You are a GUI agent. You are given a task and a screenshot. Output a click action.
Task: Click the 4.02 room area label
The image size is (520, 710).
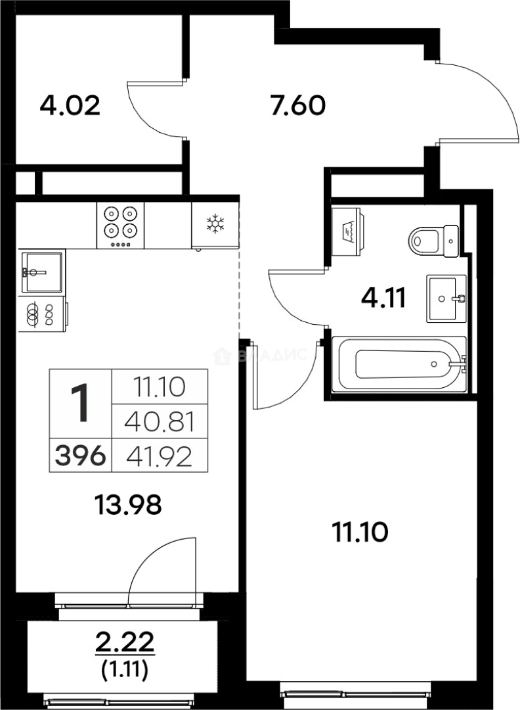tap(70, 105)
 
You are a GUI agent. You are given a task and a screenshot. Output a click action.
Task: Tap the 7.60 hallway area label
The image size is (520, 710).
tap(297, 105)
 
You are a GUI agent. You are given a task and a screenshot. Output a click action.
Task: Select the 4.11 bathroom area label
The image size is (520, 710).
tap(383, 300)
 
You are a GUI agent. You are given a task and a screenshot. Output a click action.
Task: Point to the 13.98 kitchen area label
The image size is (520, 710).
tap(129, 506)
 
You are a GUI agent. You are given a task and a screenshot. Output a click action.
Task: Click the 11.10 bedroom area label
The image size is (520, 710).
tap(358, 531)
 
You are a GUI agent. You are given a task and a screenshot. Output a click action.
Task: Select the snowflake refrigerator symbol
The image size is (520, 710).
tap(215, 224)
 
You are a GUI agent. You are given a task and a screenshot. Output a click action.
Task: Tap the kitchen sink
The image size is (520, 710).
tap(42, 272)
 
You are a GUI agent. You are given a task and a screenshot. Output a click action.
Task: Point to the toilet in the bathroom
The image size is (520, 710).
tap(433, 240)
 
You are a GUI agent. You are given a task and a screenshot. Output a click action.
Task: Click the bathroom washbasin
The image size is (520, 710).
tap(446, 298)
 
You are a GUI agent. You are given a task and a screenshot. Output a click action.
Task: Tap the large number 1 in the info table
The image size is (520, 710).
tap(81, 404)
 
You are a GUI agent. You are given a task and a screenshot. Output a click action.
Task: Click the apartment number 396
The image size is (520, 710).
tap(81, 456)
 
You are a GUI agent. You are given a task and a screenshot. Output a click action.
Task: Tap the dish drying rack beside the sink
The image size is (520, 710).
tap(42, 314)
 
